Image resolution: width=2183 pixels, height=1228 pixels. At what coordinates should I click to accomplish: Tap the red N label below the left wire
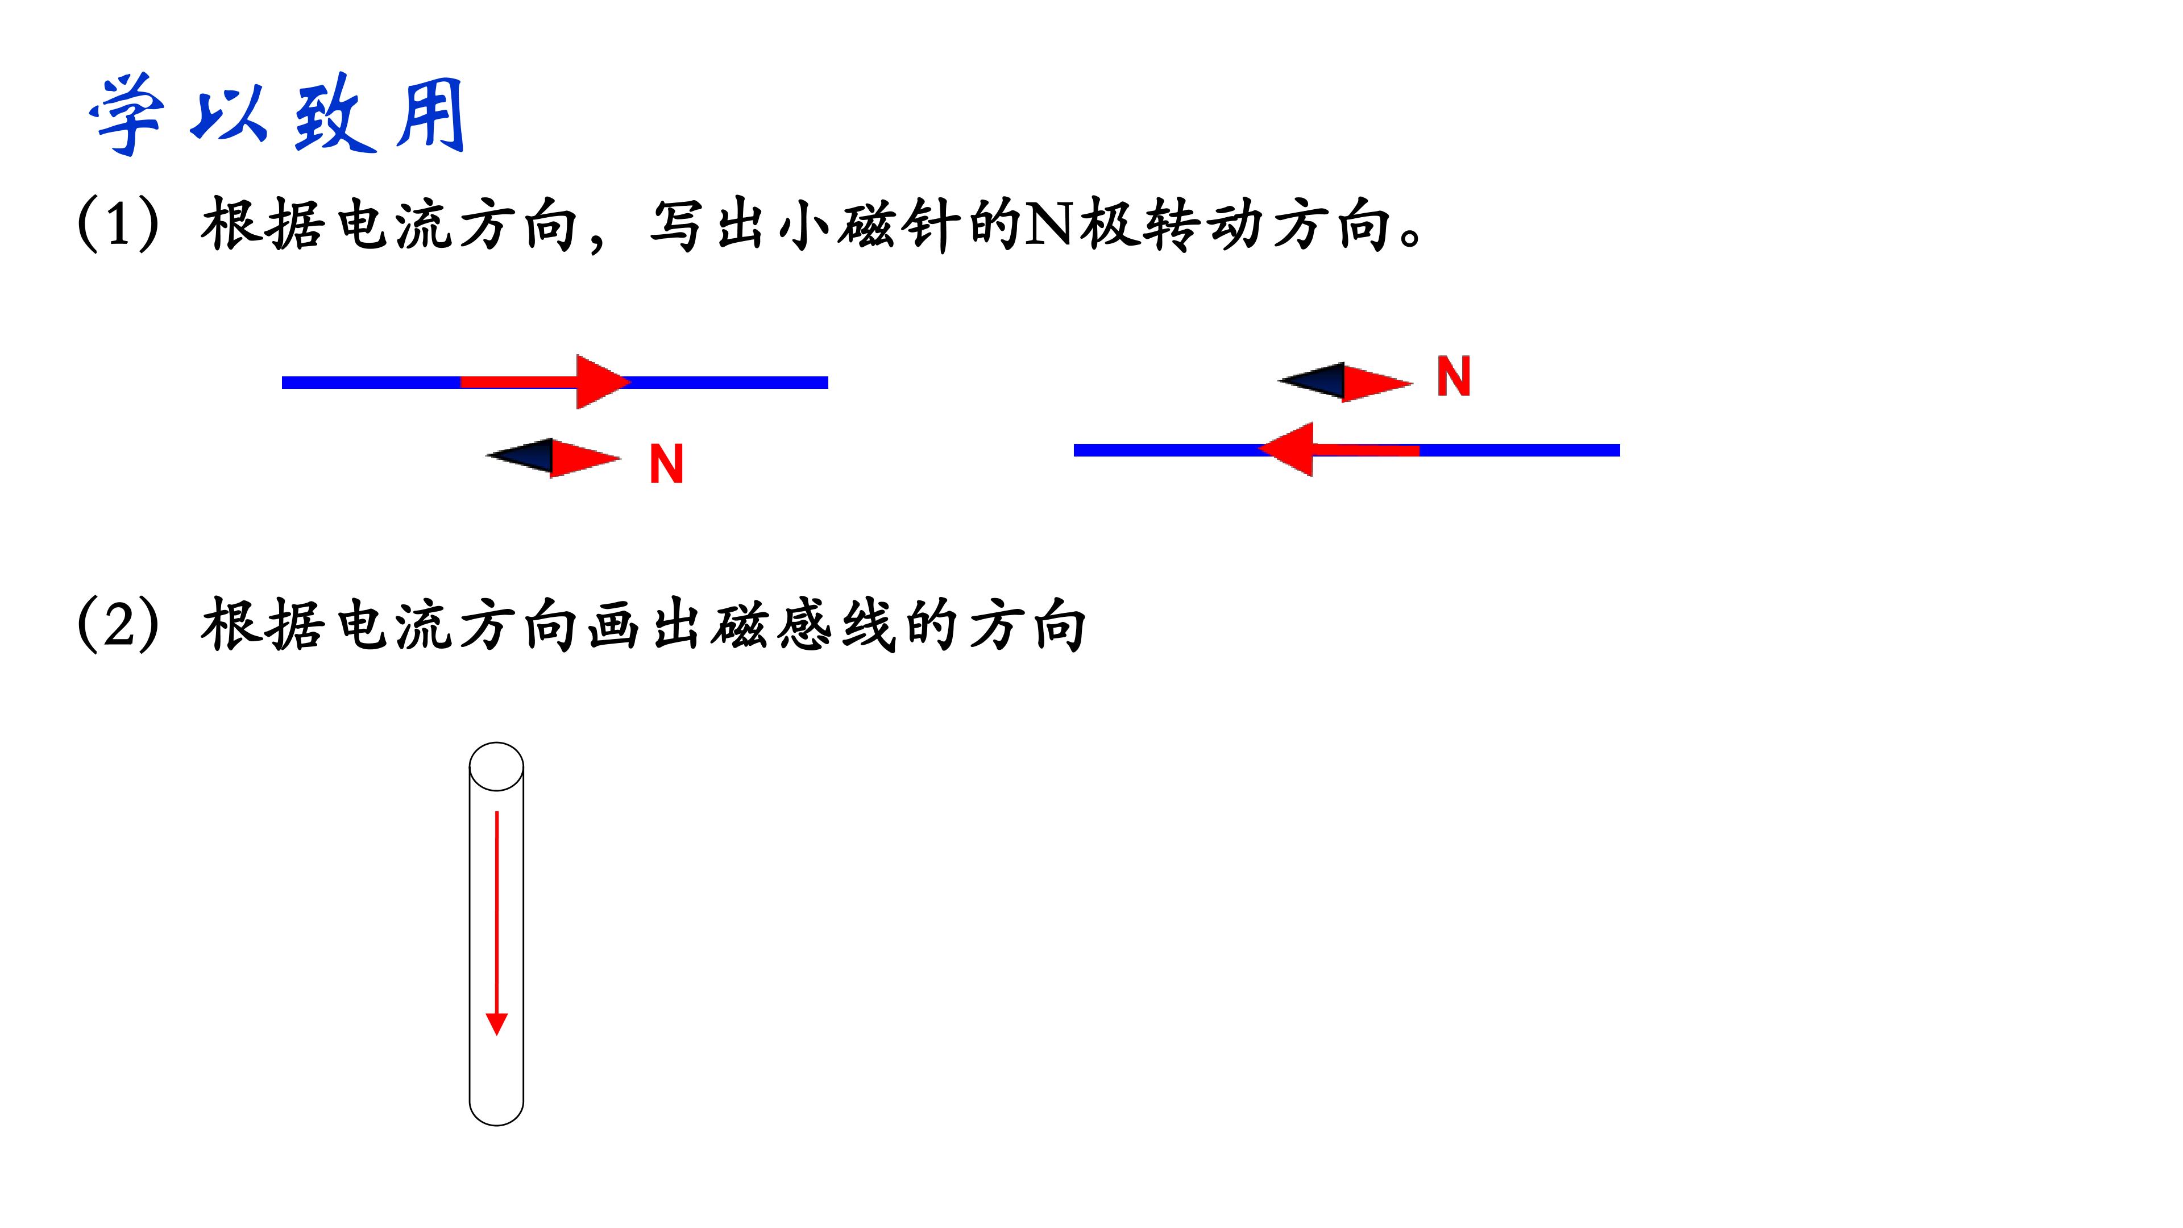coord(666,464)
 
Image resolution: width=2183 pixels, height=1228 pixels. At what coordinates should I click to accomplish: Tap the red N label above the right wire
coord(1454,377)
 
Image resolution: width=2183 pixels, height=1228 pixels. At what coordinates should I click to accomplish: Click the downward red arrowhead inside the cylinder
coord(497,1024)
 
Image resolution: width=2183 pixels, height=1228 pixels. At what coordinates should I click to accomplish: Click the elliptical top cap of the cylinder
coord(497,767)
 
